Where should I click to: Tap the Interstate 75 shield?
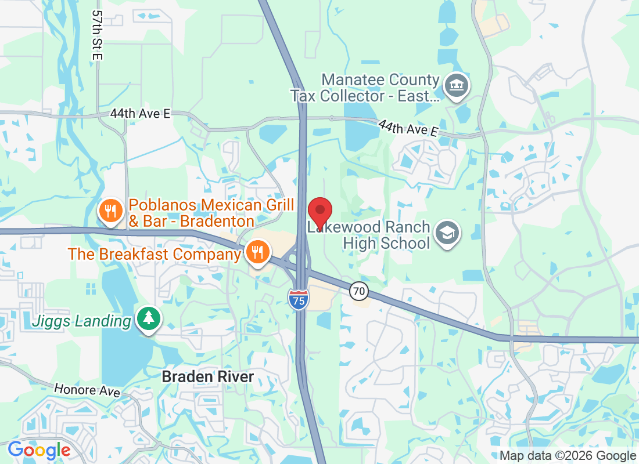299,299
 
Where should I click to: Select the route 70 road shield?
360,291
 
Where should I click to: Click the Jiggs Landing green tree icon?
149,318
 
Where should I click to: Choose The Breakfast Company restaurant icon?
256,252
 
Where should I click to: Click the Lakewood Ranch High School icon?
447,233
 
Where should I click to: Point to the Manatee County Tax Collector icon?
456,86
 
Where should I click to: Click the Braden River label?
208,377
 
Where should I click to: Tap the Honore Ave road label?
87,390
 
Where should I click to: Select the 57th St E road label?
97,35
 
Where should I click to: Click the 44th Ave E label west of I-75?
140,114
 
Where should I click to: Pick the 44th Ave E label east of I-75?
408,128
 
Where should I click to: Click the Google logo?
39,450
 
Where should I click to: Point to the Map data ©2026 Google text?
568,456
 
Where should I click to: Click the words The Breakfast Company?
154,254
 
